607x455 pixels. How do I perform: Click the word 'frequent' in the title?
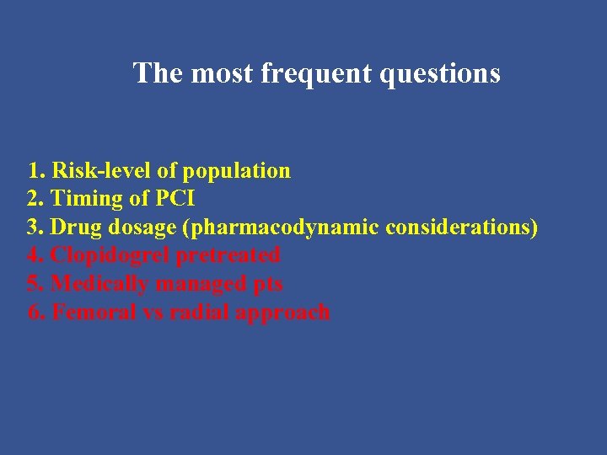[x=316, y=73]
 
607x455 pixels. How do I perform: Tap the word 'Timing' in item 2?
[x=84, y=200]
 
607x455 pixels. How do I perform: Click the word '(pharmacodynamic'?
[x=278, y=227]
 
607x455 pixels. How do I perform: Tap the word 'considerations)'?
[x=462, y=227]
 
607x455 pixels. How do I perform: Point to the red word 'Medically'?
[x=102, y=284]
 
